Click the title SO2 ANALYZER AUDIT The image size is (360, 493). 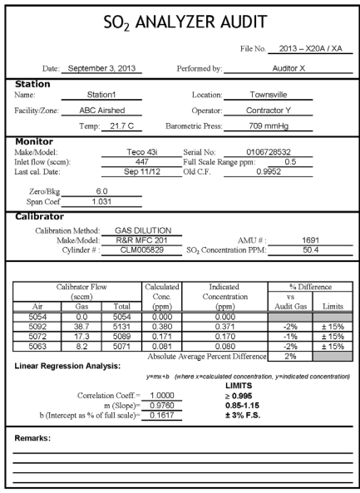click(x=180, y=22)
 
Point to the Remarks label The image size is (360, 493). click(x=38, y=436)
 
